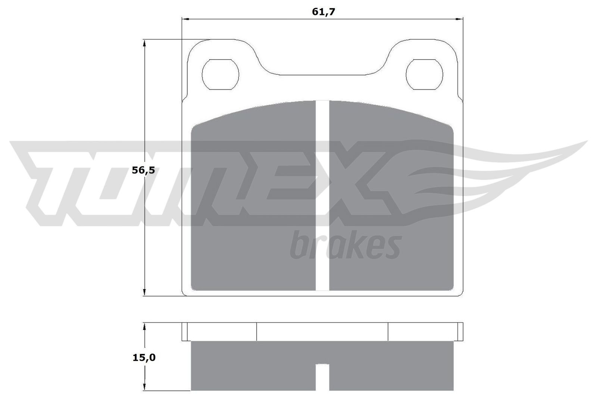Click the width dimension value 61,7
coord(323,12)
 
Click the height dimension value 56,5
coord(143,170)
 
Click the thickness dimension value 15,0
coord(144,358)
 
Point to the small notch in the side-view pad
coord(322,377)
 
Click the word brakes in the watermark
coord(345,245)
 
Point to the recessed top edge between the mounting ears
coord(322,75)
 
